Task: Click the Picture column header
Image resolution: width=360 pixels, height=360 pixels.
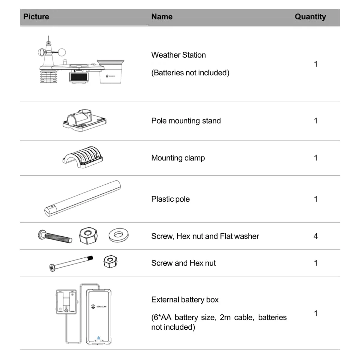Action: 36,17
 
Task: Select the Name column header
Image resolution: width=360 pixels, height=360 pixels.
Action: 162,17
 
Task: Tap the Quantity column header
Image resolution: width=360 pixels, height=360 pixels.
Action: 310,17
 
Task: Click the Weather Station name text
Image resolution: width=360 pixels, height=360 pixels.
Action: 178,55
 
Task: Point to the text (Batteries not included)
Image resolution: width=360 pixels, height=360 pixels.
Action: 190,73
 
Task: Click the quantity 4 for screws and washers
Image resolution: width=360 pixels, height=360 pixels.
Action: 316,236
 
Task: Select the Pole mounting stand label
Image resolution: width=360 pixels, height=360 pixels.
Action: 186,121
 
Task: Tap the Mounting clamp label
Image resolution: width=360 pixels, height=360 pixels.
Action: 178,158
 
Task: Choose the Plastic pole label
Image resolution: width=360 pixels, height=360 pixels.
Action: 170,199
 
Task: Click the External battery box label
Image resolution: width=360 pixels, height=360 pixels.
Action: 185,300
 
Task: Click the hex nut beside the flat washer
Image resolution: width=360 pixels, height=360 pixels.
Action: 88,235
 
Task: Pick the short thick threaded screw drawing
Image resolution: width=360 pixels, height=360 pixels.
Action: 55,236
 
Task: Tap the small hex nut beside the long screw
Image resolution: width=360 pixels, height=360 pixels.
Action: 110,262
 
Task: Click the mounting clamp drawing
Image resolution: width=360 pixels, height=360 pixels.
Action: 83,157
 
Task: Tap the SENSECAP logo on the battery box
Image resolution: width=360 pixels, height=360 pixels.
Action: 99,306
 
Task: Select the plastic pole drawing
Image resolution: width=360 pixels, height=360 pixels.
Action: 82,198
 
